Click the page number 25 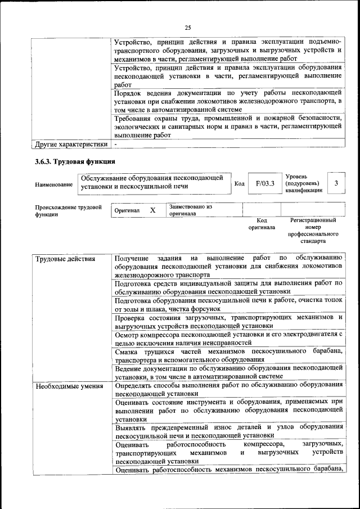coord(188,28)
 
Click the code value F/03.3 coord(264,183)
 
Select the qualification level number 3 coord(336,183)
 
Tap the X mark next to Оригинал coord(152,210)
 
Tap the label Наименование coord(53,184)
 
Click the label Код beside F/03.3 coord(239,184)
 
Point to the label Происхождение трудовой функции coord(68,210)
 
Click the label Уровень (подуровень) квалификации coord(304,183)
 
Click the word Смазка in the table coord(128,352)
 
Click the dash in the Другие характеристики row coord(115,145)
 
